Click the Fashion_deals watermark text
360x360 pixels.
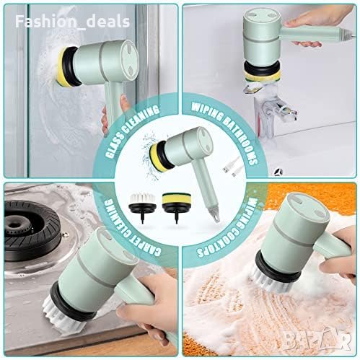point(72,22)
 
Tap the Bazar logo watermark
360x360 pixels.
point(317,340)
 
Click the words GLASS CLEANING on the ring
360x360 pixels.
point(132,131)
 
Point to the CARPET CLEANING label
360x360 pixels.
point(132,228)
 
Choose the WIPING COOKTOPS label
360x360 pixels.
point(226,228)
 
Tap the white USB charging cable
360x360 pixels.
point(230,166)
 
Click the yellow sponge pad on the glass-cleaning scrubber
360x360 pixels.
point(63,66)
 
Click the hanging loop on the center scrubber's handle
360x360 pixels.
point(216,216)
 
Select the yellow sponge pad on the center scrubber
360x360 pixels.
point(157,157)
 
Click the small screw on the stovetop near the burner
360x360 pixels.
point(64,233)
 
